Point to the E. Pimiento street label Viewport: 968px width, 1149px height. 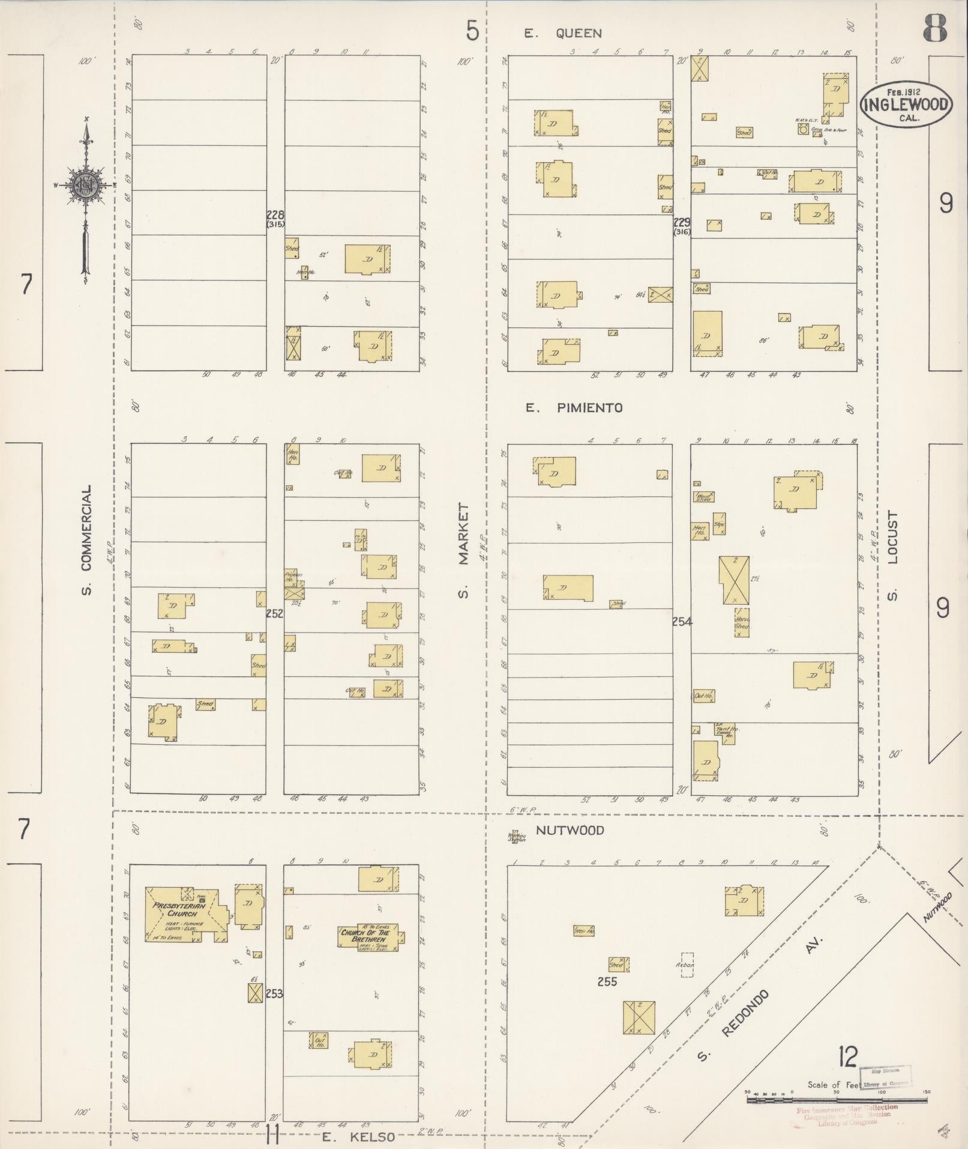click(x=574, y=408)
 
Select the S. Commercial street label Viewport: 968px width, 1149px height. click(x=87, y=540)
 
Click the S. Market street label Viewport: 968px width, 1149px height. click(x=463, y=551)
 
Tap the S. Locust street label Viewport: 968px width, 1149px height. click(x=892, y=555)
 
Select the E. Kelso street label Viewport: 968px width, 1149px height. click(x=358, y=1136)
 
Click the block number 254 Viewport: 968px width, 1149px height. click(x=682, y=622)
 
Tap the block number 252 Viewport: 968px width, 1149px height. click(x=275, y=613)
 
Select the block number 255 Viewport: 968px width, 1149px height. click(x=607, y=981)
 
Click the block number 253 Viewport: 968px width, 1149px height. click(x=274, y=993)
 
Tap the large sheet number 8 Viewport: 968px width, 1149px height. click(x=936, y=28)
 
